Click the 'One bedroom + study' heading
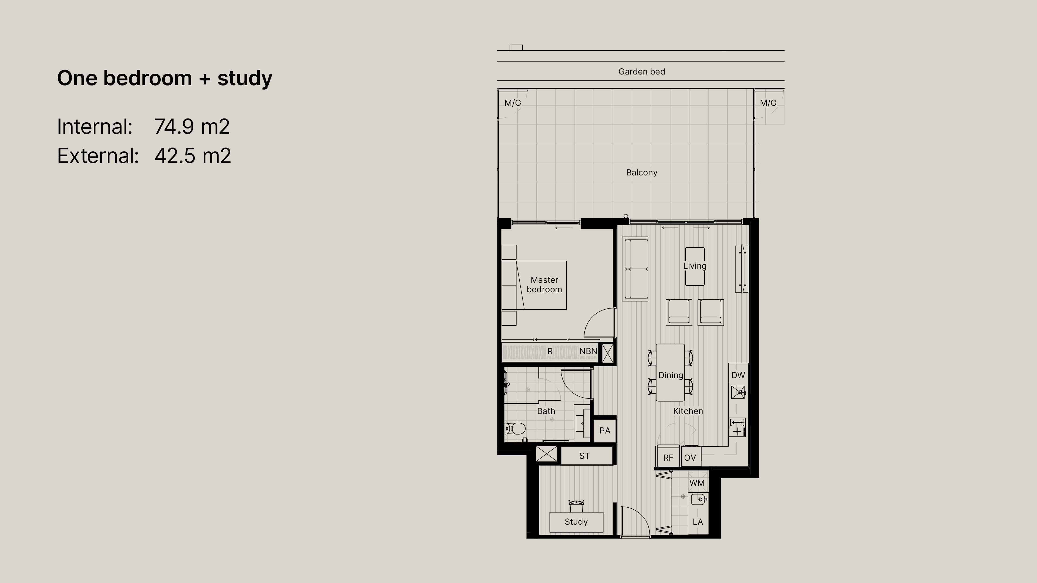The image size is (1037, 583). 165,78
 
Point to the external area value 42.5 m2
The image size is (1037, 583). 193,156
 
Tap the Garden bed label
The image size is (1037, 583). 642,72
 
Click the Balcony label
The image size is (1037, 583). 642,173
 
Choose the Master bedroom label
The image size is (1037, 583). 544,284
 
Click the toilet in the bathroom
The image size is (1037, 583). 515,428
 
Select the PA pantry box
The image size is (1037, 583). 605,430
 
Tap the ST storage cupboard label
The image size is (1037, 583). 584,456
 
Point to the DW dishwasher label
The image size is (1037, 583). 738,375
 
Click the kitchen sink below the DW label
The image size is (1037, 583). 738,392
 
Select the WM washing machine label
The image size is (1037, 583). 697,483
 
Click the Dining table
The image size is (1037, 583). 670,372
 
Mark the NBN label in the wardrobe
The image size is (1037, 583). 588,351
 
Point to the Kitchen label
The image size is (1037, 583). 688,411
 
